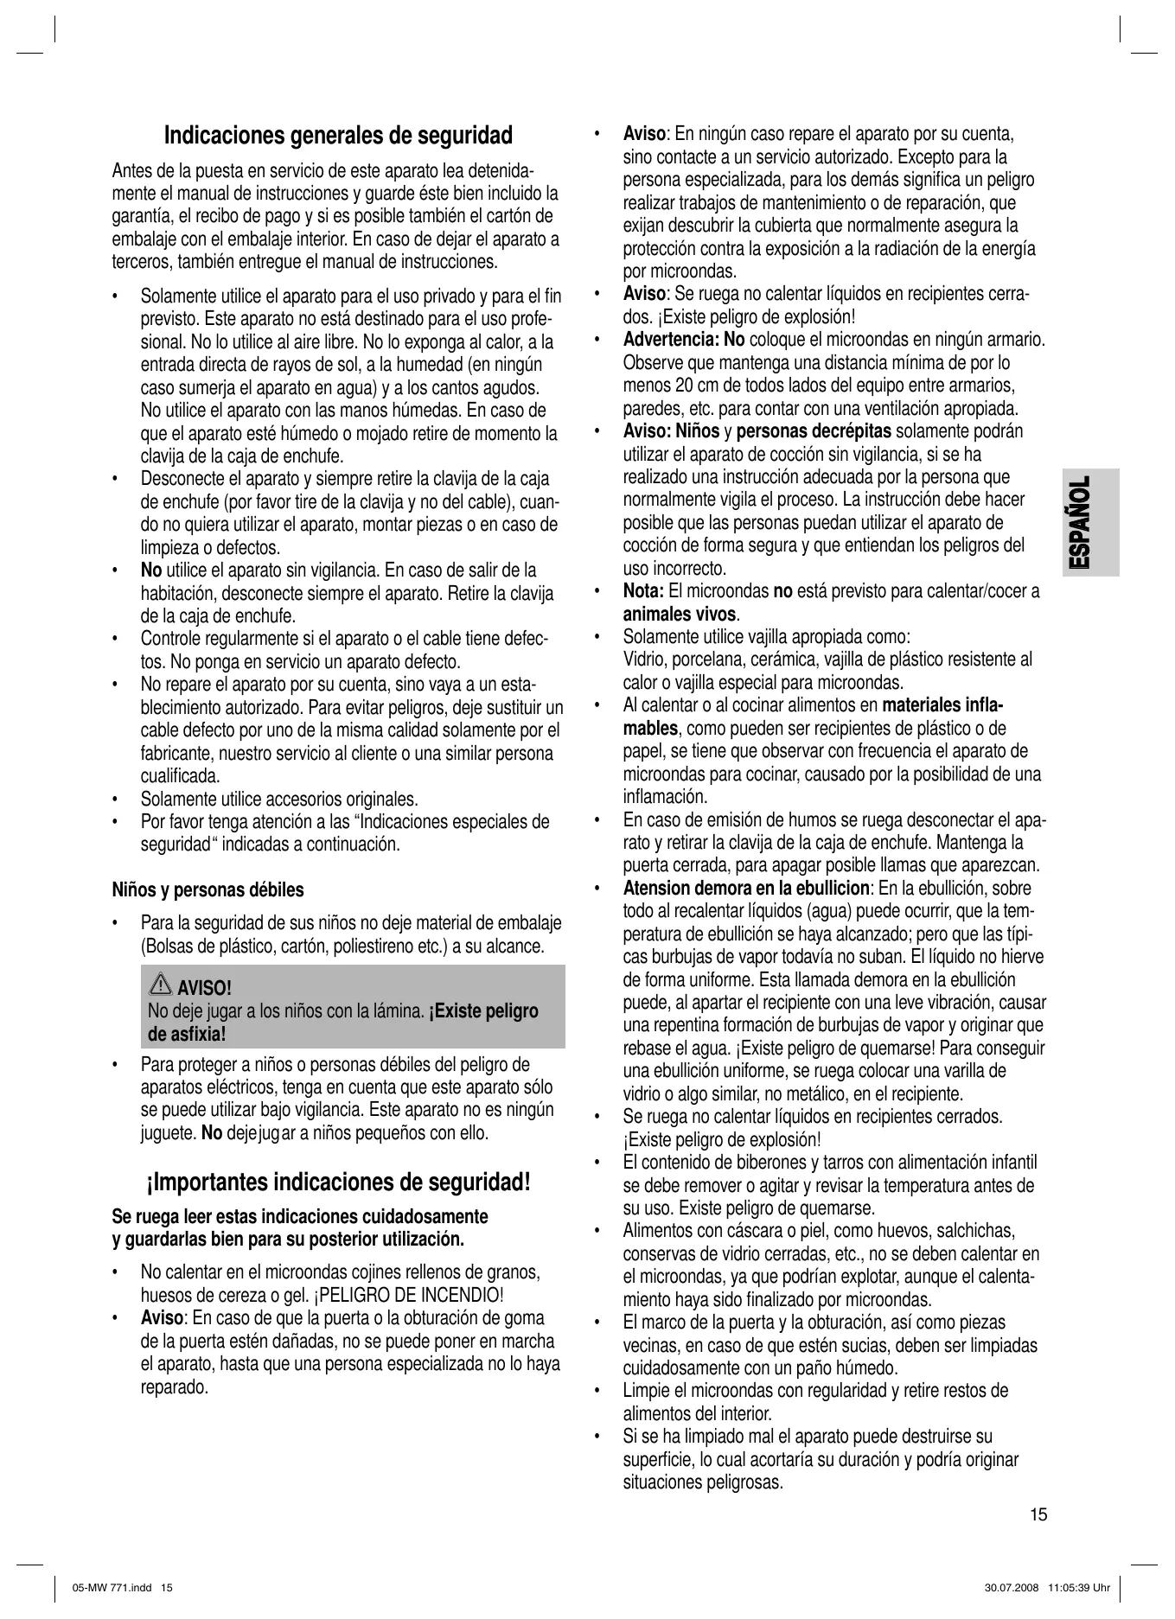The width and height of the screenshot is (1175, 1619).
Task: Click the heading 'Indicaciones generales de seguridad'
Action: point(338,136)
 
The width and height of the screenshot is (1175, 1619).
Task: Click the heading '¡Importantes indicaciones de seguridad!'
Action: point(338,1182)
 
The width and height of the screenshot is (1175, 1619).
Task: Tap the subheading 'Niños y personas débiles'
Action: point(208,889)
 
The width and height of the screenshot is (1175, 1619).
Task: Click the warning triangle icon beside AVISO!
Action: point(161,985)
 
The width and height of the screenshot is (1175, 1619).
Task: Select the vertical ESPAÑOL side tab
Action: point(1078,523)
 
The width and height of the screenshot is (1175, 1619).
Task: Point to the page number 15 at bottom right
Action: point(1038,1514)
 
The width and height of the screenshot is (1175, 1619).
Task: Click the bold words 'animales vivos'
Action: point(680,615)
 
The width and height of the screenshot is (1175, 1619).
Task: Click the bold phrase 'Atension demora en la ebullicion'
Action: point(746,889)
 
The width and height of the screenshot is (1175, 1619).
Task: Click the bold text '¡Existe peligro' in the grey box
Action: point(484,1011)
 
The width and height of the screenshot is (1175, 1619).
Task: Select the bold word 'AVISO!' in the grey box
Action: point(204,988)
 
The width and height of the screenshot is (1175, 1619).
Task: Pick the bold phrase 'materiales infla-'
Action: point(942,706)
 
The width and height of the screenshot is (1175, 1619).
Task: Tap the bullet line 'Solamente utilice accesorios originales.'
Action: point(279,799)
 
